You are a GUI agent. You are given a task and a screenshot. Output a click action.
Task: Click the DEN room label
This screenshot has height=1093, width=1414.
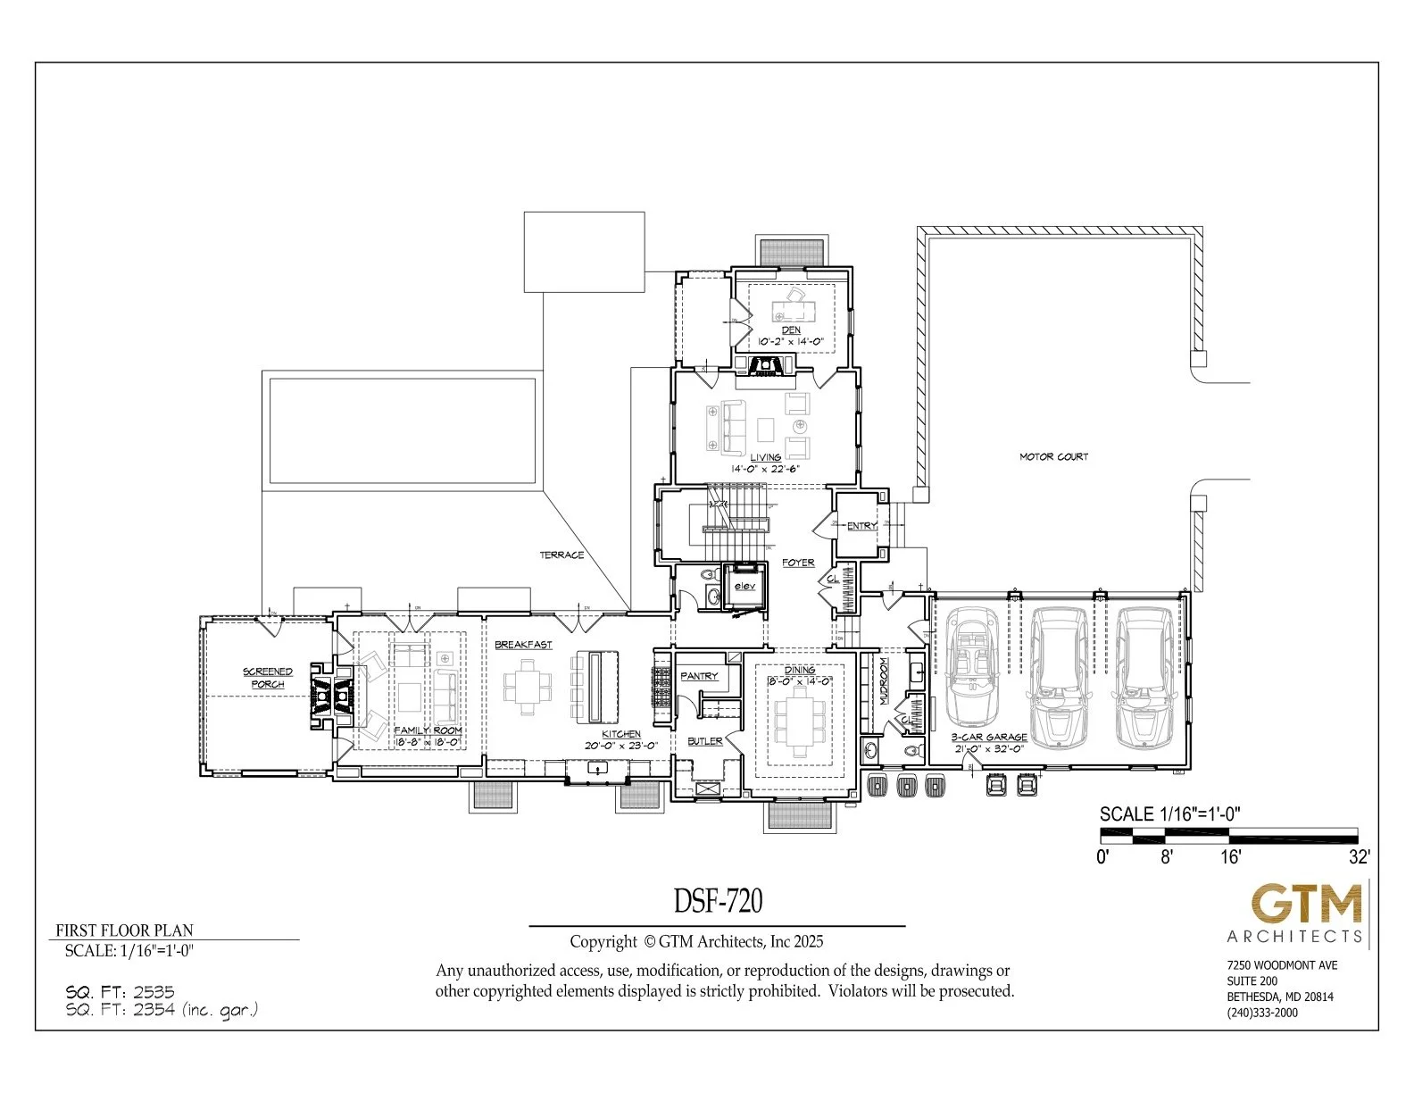[791, 330]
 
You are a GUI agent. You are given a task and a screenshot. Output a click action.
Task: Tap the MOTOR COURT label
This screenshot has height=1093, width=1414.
[1054, 456]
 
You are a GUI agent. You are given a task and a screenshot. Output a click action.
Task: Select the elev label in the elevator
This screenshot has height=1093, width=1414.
[744, 587]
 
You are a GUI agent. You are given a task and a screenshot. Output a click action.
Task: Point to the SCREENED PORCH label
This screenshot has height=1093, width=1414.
[268, 678]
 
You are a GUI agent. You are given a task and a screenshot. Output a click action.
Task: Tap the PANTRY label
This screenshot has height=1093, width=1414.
[699, 676]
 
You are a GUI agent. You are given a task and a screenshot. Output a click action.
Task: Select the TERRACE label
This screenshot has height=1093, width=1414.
[561, 555]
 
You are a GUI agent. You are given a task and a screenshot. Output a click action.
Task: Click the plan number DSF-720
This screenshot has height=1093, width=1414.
[718, 902]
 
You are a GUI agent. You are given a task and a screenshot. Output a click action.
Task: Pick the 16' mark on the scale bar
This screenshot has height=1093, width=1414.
[1230, 857]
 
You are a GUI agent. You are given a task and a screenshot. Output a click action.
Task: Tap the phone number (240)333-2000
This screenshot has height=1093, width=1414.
[1262, 1013]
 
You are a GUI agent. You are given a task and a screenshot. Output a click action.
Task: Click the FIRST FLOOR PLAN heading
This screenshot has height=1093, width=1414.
[124, 930]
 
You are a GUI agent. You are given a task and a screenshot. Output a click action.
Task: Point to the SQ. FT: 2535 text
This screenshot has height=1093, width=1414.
[120, 991]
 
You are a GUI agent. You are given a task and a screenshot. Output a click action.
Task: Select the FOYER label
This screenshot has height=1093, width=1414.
[798, 563]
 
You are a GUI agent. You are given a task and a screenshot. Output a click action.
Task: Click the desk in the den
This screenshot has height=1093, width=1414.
[794, 309]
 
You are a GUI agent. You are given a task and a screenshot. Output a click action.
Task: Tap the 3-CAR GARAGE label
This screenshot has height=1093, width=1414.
[988, 738]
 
